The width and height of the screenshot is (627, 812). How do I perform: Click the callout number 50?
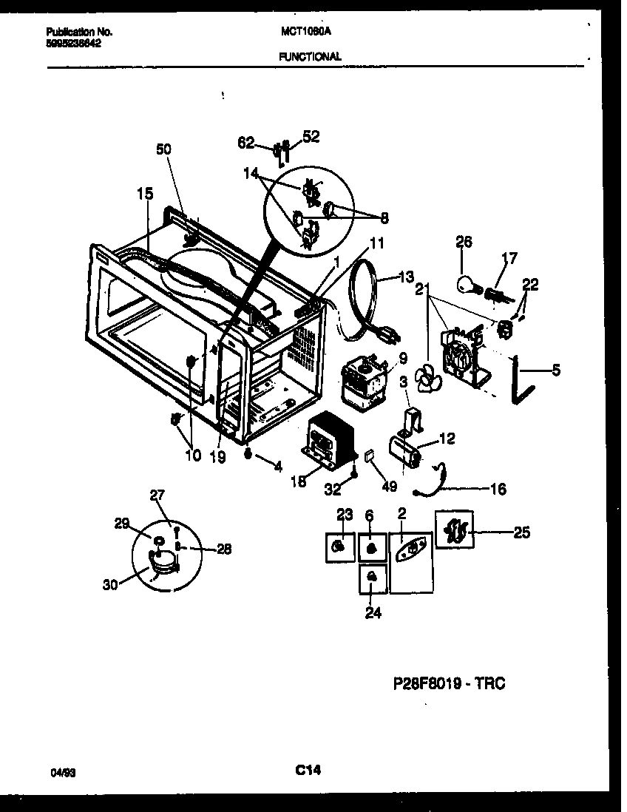tap(163, 149)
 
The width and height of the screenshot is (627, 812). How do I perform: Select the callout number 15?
tap(145, 194)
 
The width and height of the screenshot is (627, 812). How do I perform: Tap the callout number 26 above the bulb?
tap(464, 242)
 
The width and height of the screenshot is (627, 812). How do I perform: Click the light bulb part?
tap(467, 285)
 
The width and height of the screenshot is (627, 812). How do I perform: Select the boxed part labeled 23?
tap(339, 546)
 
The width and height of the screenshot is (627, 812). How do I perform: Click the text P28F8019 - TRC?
tap(449, 683)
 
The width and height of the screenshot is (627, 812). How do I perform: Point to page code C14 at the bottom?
tap(307, 770)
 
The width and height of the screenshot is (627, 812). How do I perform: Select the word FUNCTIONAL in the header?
tap(311, 56)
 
